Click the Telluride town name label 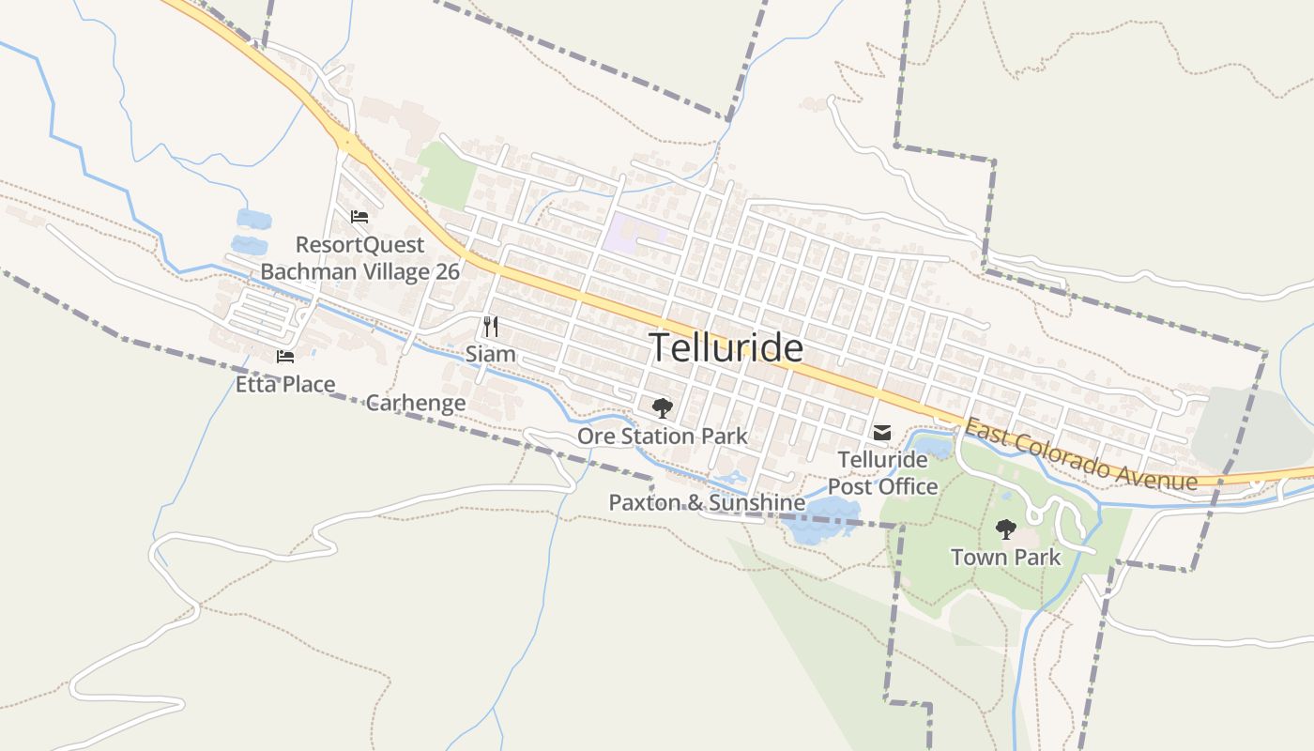point(726,347)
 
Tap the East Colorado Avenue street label point(1081,454)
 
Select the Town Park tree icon point(1005,529)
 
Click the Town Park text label point(1005,557)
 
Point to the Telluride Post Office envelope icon point(882,433)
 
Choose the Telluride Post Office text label point(882,473)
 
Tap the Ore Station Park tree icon point(663,407)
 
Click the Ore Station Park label point(663,436)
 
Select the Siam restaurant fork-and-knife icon point(490,327)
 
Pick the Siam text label point(490,354)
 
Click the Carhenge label point(415,403)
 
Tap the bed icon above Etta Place point(285,357)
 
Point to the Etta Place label point(285,384)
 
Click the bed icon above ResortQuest point(359,217)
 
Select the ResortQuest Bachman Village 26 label point(359,258)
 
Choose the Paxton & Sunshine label point(707,502)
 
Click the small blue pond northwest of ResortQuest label point(253,220)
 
